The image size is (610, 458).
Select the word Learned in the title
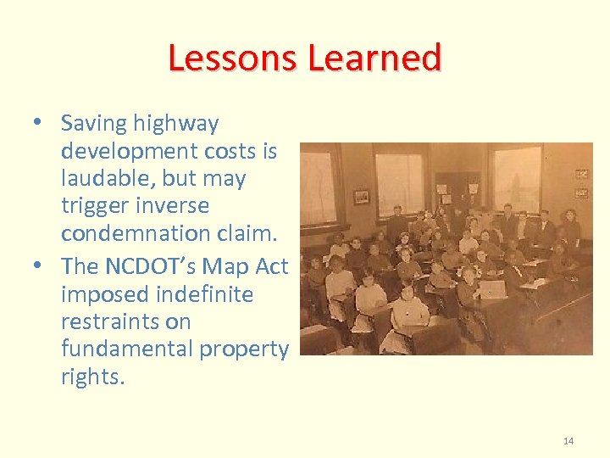point(374,58)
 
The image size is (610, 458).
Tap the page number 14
point(568,440)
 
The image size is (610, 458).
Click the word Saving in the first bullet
point(92,124)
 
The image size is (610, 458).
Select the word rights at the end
point(92,377)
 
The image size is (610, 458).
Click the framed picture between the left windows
point(362,196)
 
